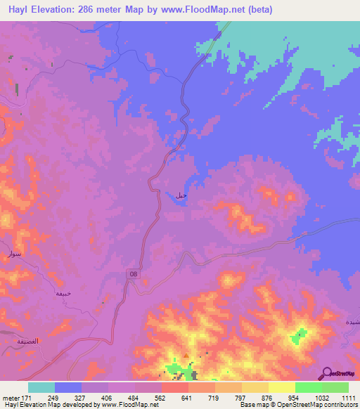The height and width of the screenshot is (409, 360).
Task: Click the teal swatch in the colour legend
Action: pyautogui.click(x=41, y=387)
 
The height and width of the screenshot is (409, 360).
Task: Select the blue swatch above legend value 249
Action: pyautogui.click(x=68, y=387)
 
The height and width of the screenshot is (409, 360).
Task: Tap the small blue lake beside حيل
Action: pyautogui.click(x=170, y=198)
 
